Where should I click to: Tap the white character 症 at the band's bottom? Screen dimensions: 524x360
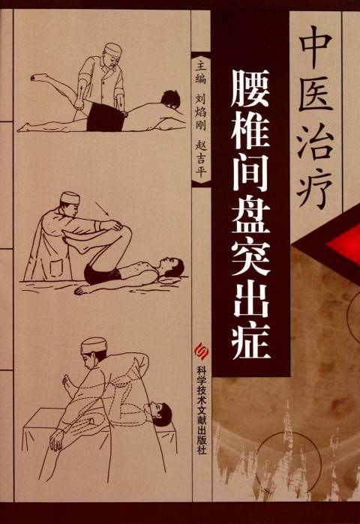pyautogui.click(x=253, y=341)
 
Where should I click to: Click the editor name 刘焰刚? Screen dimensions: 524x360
pyautogui.click(x=199, y=117)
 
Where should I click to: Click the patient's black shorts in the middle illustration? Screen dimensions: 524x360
pyautogui.click(x=102, y=273)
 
